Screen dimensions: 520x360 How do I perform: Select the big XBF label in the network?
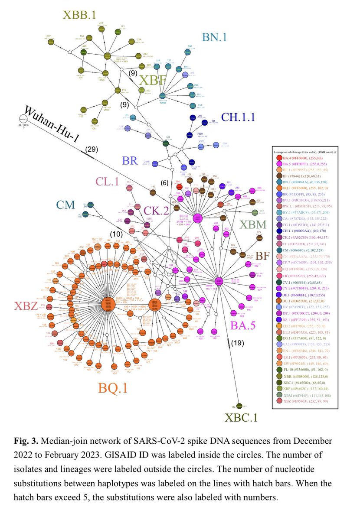(153, 81)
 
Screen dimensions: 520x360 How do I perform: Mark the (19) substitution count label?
(237, 343)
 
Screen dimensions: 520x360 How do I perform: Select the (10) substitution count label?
(115, 234)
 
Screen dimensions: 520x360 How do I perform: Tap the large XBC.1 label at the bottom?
(241, 418)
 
